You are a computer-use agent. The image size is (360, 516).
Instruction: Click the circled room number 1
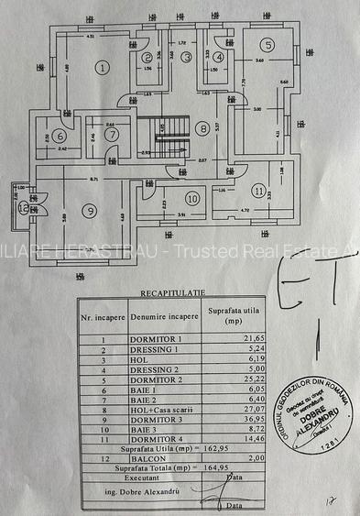[x=103, y=66]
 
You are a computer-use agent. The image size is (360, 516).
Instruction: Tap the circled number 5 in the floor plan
[x=267, y=45]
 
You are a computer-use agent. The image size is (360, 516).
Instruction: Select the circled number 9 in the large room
[x=89, y=211]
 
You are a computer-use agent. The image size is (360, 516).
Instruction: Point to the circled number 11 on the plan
[x=260, y=191]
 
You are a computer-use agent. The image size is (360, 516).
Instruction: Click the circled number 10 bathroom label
[x=191, y=198]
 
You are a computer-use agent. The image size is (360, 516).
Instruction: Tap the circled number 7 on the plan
[x=112, y=135]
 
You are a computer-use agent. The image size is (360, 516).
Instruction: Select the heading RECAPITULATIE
[x=168, y=292]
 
